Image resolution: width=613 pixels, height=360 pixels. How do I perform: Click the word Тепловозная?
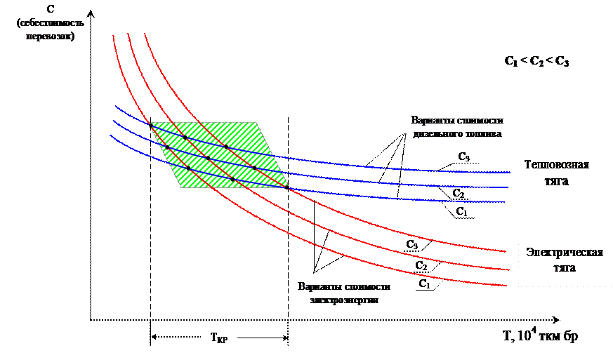click(556, 166)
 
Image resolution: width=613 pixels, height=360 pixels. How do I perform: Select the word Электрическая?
click(565, 253)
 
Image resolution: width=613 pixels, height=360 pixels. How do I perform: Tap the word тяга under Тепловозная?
click(556, 181)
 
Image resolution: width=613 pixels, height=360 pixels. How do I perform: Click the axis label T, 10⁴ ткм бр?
click(540, 336)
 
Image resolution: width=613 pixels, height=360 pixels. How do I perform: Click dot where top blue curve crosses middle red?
click(185, 138)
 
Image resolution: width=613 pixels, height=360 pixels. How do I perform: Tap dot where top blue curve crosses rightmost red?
click(226, 146)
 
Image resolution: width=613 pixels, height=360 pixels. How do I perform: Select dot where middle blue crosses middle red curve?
click(208, 158)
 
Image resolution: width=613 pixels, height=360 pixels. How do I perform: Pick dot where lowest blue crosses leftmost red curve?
click(188, 169)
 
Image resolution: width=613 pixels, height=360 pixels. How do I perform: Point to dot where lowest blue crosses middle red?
click(232, 180)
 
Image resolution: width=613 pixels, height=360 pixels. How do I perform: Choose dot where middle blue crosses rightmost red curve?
click(254, 168)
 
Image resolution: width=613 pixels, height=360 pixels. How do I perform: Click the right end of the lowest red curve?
click(507, 286)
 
